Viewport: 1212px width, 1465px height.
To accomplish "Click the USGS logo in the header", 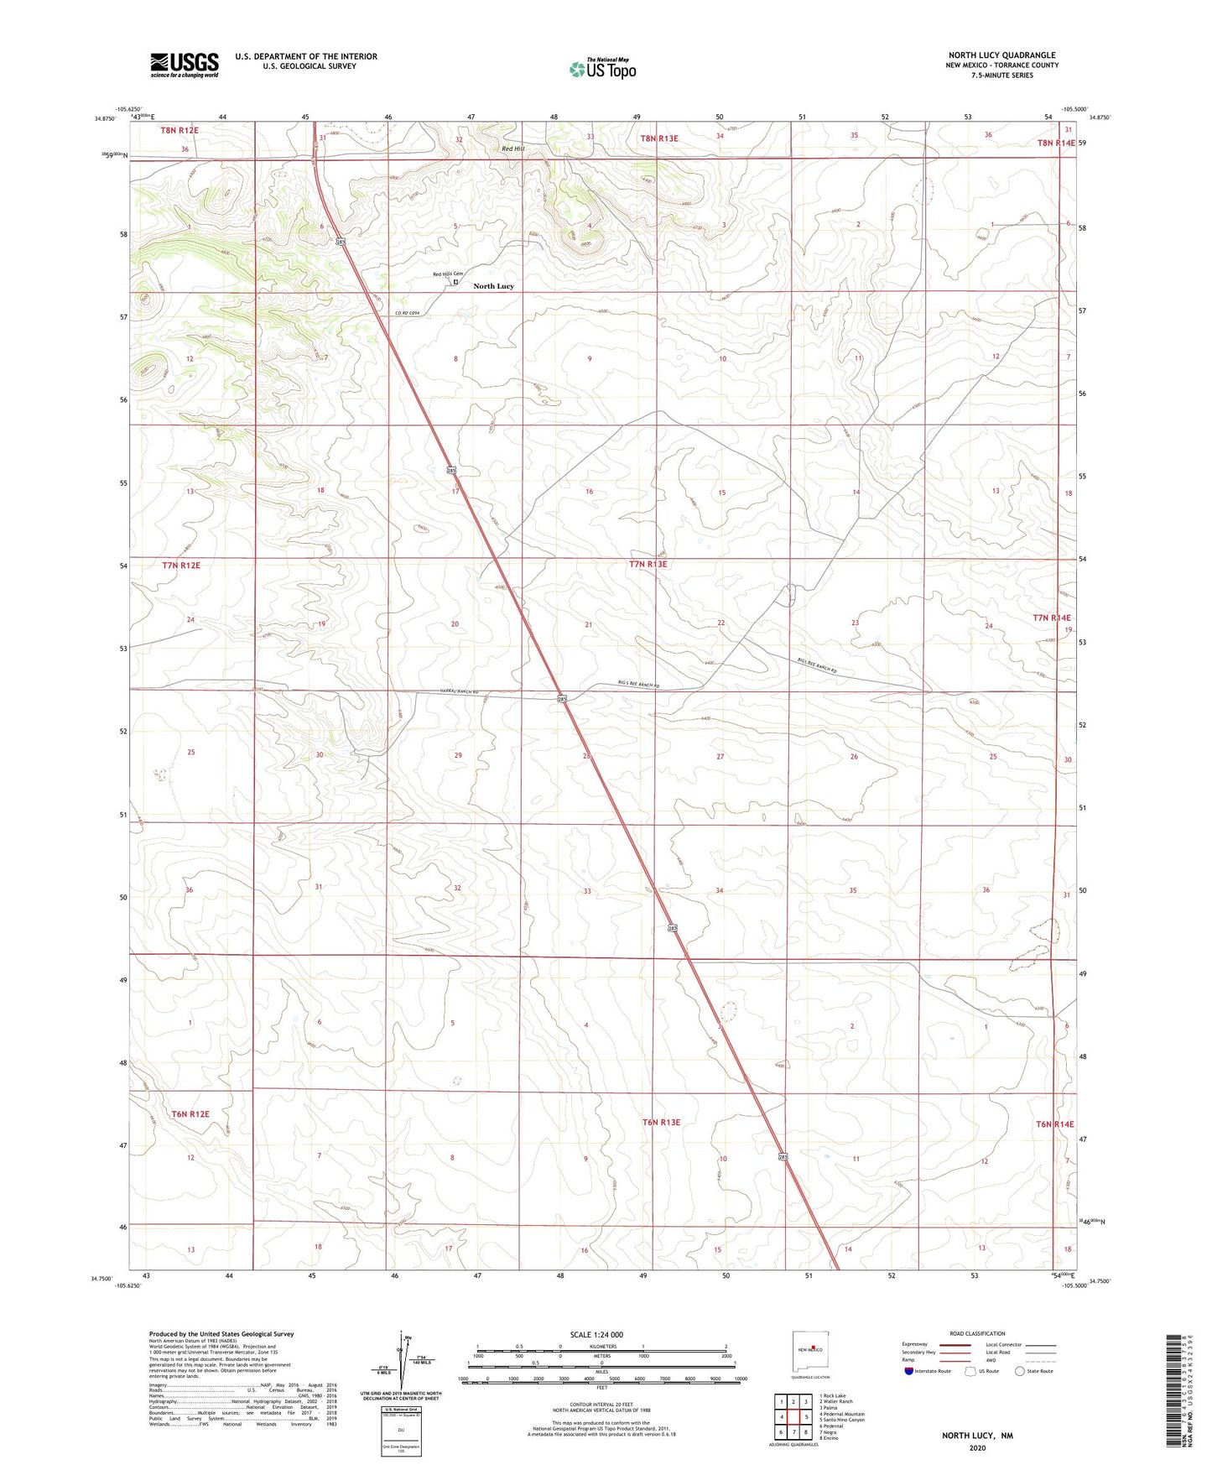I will tap(185, 65).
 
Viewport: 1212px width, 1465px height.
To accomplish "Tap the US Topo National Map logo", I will tap(602, 69).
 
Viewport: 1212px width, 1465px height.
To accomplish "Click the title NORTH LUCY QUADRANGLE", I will tap(1001, 55).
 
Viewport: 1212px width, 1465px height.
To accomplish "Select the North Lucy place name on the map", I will tap(493, 286).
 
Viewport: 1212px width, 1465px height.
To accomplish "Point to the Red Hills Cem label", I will tap(448, 274).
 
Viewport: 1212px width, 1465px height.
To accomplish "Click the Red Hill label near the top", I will tap(512, 149).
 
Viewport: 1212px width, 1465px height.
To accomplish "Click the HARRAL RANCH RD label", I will tap(464, 691).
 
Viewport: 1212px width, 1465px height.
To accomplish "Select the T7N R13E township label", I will tap(648, 565).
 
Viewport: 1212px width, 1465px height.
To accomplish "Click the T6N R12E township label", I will tap(190, 1114).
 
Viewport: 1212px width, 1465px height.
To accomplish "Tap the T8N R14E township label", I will tap(1055, 143).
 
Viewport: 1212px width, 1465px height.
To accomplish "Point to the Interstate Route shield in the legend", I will tap(909, 1371).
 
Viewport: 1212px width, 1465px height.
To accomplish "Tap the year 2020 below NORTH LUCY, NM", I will tap(976, 1447).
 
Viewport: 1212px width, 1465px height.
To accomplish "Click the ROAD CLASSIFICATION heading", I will tap(977, 1333).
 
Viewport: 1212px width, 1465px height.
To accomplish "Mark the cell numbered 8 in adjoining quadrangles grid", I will tap(805, 1432).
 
